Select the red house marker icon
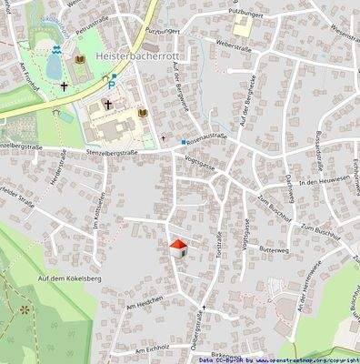(178, 247)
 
